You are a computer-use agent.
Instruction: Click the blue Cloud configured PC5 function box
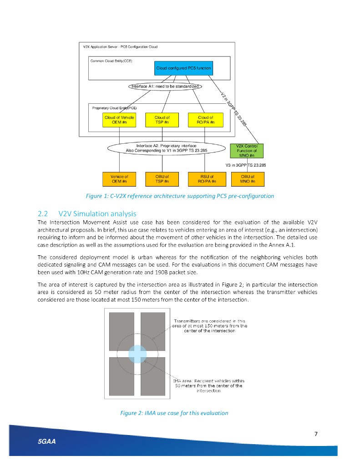(183, 68)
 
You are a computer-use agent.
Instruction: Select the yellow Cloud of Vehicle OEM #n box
(119, 120)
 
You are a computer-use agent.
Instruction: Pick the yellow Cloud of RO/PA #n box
(205, 120)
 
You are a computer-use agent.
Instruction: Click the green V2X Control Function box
(247, 151)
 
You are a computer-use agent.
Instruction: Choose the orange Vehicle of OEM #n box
(119, 179)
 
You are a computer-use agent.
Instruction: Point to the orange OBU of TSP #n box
(162, 179)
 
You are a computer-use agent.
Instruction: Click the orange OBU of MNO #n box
(247, 179)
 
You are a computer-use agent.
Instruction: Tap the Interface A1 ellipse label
(165, 86)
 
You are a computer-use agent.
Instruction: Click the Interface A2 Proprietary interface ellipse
(166, 148)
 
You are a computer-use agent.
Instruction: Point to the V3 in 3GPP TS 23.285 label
(246, 165)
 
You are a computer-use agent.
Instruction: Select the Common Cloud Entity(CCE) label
(112, 61)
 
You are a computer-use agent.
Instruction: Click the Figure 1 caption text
(180, 196)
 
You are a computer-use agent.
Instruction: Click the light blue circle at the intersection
(137, 354)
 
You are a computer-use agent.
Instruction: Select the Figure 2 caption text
(174, 413)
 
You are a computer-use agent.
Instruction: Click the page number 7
(316, 433)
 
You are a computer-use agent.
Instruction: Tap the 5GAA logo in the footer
(47, 441)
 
